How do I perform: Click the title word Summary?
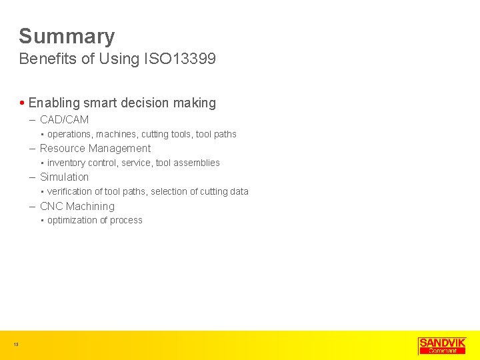click(67, 36)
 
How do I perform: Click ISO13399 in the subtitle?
click(179, 59)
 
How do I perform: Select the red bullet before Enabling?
click(23, 103)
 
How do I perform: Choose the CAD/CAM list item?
click(64, 120)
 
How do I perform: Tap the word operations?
click(70, 134)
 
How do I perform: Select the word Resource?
click(63, 149)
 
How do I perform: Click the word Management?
click(121, 149)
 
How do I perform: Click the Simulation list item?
click(64, 177)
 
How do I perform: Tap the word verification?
click(71, 191)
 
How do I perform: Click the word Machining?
click(90, 207)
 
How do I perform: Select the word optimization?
click(73, 221)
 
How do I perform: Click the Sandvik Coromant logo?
click(441, 345)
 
